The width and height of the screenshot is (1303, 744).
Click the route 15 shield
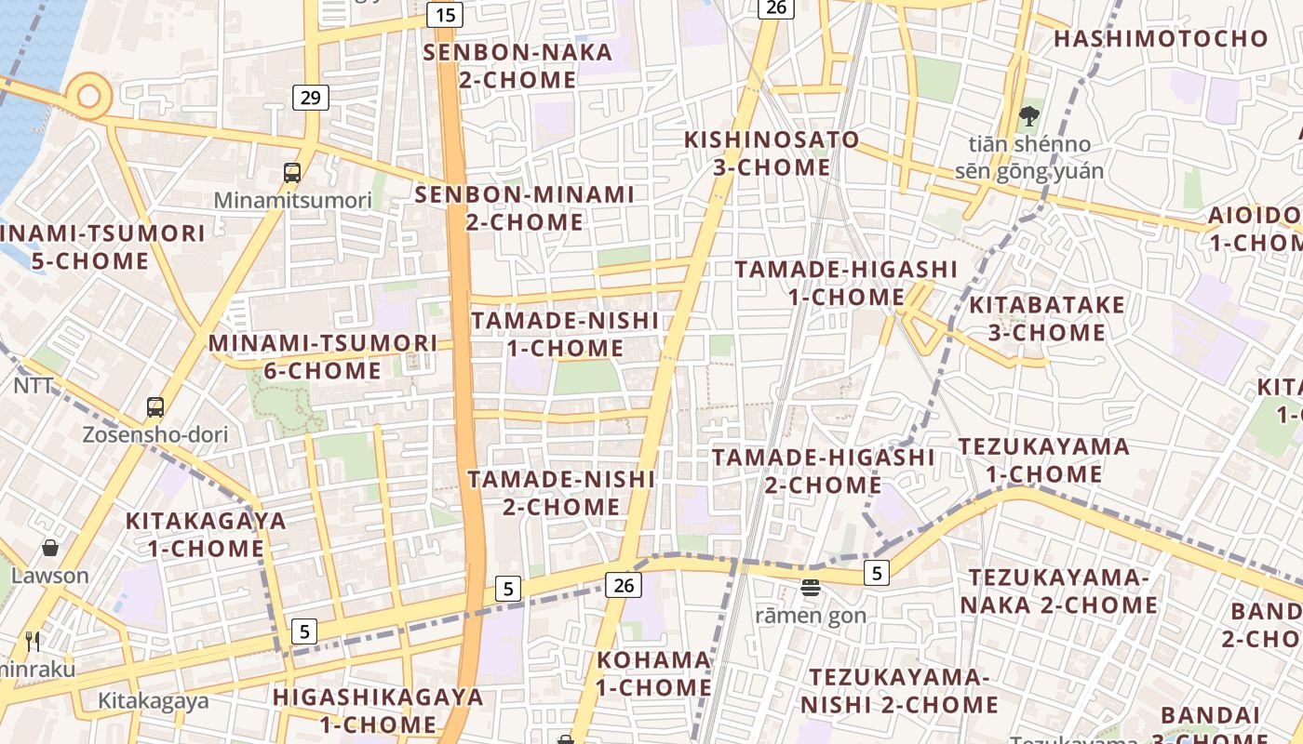(x=445, y=14)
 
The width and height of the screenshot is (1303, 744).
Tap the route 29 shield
(x=311, y=97)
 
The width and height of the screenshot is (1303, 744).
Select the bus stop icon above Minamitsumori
(x=292, y=172)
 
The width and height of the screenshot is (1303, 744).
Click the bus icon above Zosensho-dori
(x=155, y=407)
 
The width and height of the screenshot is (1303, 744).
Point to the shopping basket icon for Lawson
(x=50, y=548)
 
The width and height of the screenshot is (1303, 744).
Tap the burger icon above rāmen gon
(x=811, y=587)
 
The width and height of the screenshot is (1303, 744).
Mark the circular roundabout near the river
(x=89, y=96)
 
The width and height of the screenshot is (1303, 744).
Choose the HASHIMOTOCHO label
(x=1161, y=38)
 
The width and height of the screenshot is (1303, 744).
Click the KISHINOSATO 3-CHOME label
(x=772, y=153)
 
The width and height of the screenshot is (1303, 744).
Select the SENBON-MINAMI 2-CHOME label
(x=524, y=208)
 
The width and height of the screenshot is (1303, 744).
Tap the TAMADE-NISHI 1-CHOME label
(x=564, y=334)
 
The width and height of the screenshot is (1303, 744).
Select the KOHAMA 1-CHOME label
(x=653, y=674)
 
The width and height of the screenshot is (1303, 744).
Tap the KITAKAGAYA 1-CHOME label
(x=206, y=534)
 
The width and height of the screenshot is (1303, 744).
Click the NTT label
(x=34, y=384)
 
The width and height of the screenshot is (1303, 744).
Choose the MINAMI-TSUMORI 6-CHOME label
(x=322, y=356)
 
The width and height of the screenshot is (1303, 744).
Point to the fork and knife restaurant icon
(x=33, y=641)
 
